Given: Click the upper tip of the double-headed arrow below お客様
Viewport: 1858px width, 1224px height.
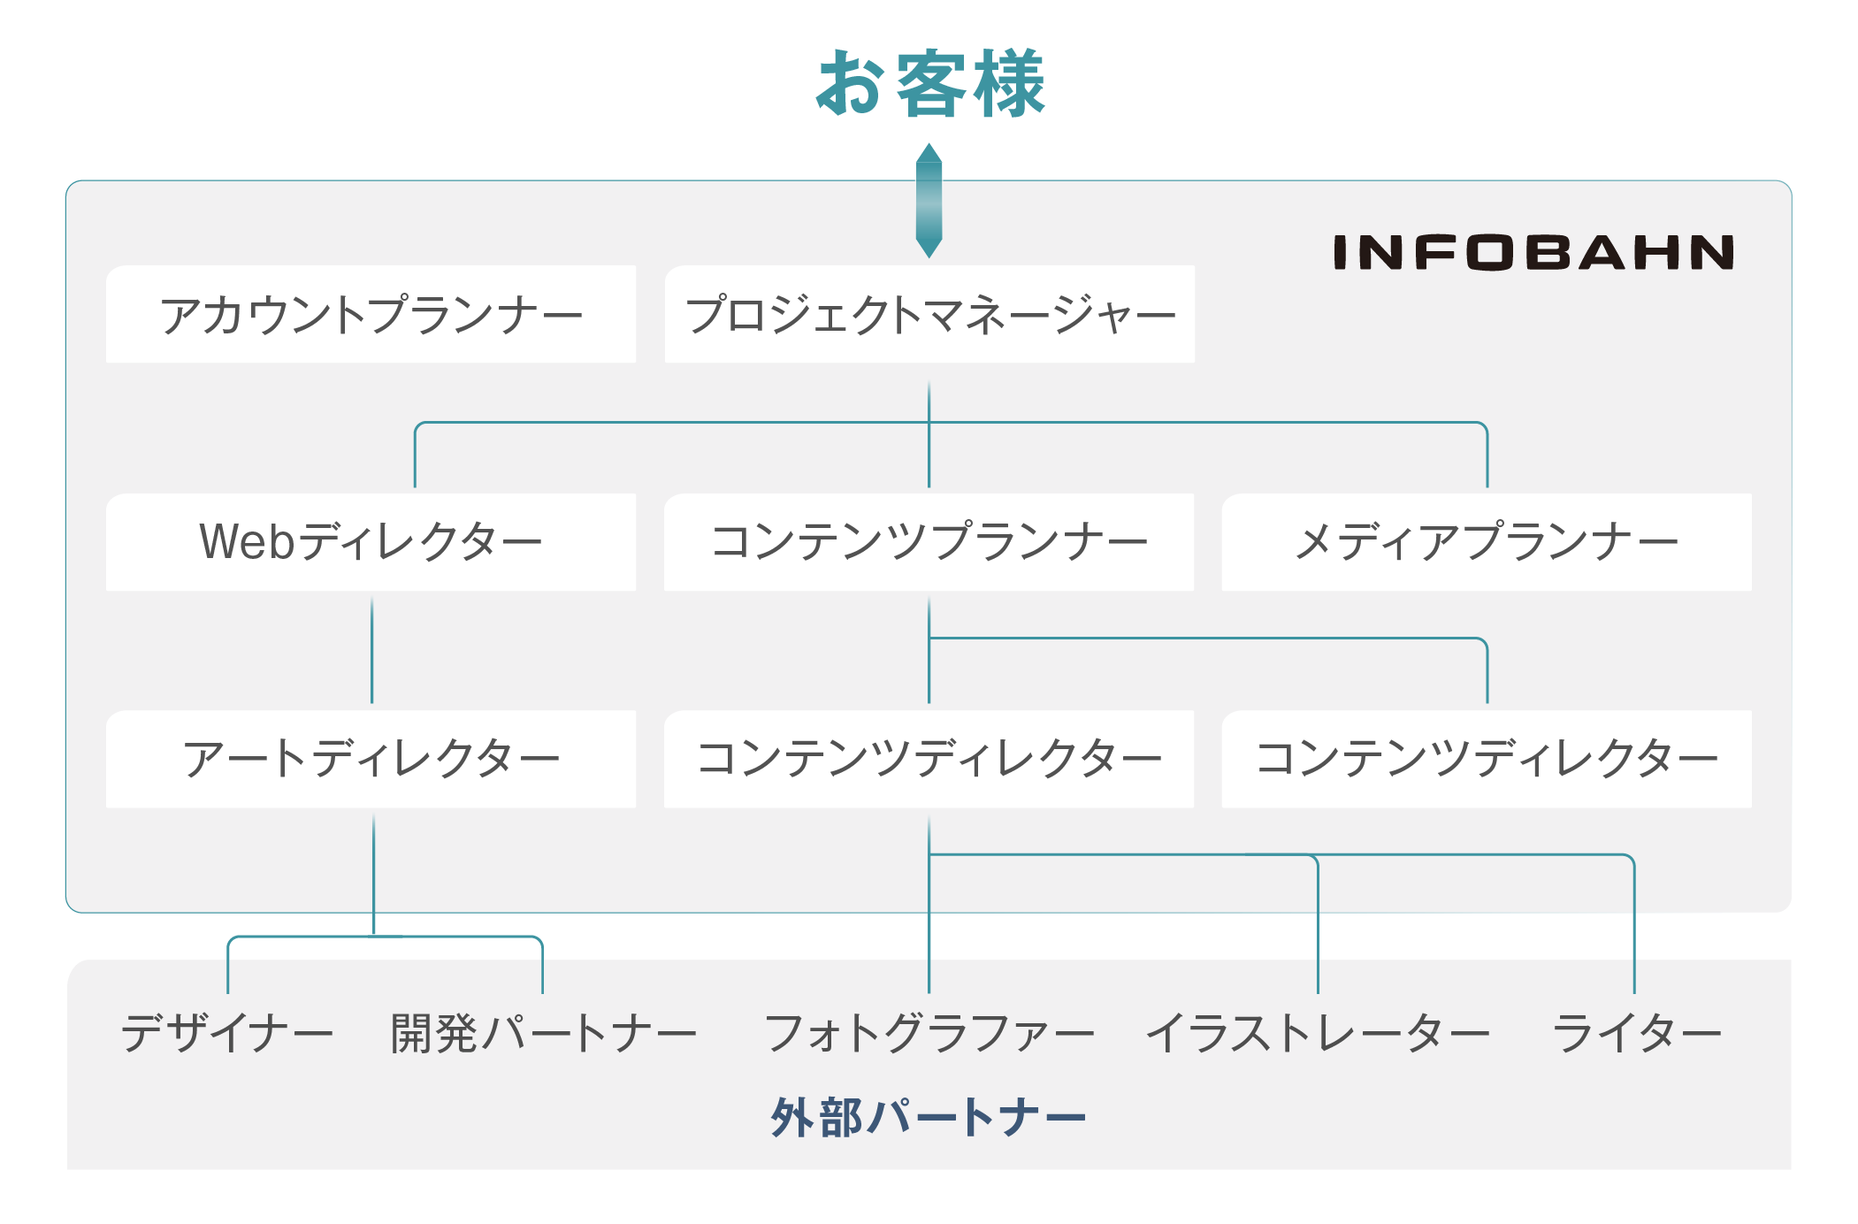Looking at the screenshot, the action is coord(929,143).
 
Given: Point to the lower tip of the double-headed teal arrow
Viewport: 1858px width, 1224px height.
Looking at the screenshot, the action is coord(929,258).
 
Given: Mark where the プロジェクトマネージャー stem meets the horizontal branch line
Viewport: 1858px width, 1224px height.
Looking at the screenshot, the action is coord(929,423).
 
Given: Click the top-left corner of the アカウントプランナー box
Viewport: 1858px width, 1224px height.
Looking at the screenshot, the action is coord(106,265).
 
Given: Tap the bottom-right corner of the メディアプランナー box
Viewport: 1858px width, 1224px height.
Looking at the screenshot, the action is coord(1751,591).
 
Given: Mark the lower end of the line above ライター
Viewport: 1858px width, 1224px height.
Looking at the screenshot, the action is coord(1634,992).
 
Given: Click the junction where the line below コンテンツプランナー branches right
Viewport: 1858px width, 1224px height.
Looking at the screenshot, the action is coord(929,638).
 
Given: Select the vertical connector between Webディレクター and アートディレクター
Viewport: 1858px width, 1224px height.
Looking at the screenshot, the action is coord(371,650).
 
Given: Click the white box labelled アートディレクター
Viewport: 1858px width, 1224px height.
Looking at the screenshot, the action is coord(371,759).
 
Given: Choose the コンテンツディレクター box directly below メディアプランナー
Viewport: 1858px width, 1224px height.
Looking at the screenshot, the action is coord(1487,759).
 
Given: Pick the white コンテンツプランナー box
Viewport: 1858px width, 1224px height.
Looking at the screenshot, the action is coord(929,542).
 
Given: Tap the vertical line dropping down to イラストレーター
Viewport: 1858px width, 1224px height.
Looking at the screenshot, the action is coord(1318,925).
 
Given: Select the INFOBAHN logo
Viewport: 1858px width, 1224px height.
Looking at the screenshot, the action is coord(1533,252).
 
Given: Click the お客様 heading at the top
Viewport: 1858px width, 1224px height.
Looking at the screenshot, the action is coord(930,83).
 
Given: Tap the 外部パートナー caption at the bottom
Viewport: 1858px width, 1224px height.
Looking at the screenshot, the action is coord(929,1117).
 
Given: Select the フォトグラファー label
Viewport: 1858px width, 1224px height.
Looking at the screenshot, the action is coord(929,1033).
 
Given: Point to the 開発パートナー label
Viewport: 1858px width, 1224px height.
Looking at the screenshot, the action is coord(544,1033).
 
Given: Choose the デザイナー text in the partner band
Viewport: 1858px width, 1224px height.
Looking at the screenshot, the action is coord(227,1033).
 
